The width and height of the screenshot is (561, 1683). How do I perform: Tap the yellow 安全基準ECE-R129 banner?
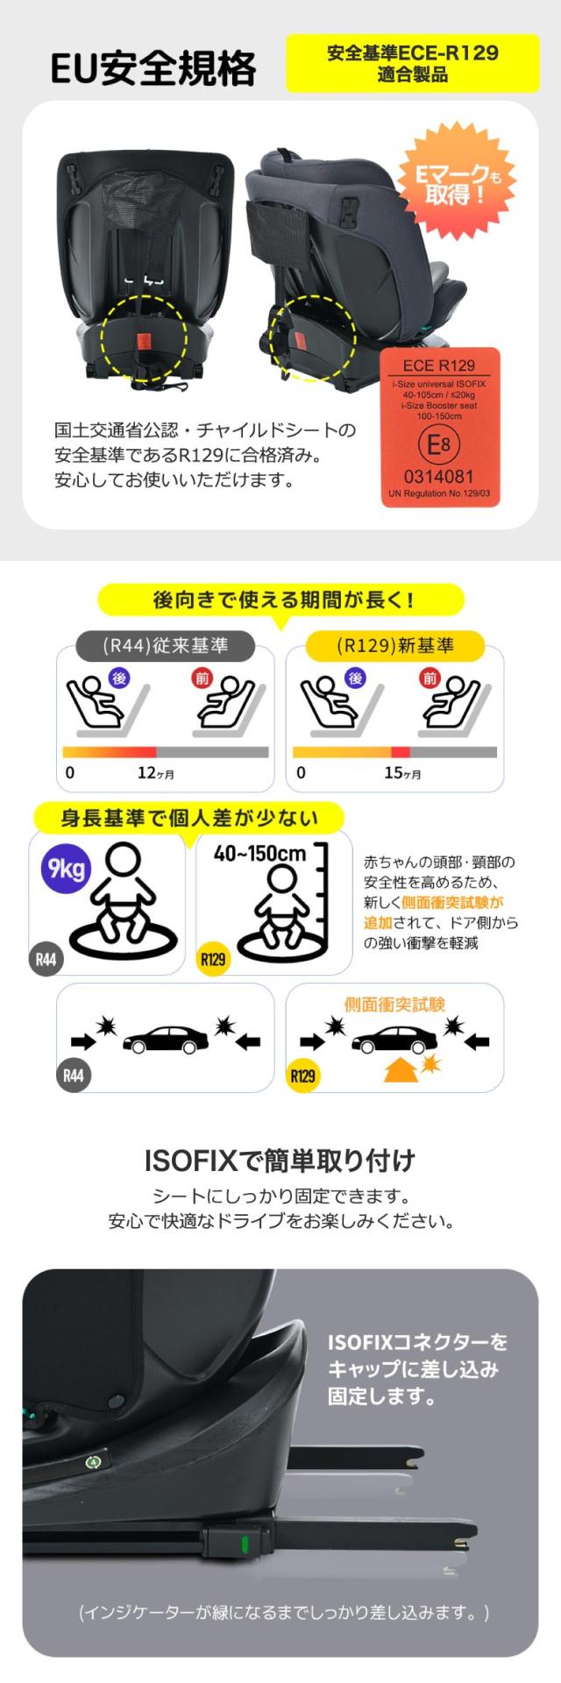413,63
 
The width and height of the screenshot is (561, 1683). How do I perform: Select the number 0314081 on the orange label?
438,477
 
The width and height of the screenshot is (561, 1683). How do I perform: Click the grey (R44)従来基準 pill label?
165,646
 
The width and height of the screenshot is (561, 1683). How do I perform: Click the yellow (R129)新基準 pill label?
394,646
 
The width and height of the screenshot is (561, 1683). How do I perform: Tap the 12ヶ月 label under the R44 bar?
156,773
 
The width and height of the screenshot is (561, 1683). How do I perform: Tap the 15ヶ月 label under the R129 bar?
402,773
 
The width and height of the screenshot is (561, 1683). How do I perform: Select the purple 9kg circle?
67,869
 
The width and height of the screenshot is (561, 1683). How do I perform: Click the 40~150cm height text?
259,853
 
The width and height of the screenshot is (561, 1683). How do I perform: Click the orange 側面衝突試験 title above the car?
394,1005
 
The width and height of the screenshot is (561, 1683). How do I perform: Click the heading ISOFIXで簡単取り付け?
280,1161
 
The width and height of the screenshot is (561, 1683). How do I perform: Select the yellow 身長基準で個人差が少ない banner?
188,818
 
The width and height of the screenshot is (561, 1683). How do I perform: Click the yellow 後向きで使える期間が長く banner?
280,600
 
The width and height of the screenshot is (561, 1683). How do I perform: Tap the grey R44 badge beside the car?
74,1075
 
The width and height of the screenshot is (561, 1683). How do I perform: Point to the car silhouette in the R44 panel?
166,1040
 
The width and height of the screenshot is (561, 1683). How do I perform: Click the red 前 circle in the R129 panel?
430,678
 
